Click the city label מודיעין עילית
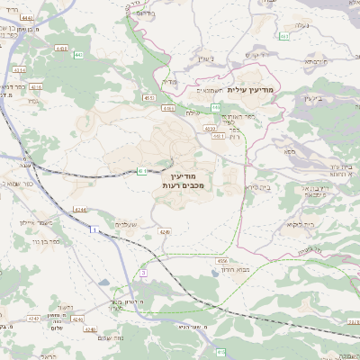[249, 89]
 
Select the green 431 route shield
[141, 170]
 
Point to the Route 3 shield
[143, 272]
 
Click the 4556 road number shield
[221, 261]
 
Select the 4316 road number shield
[35, 87]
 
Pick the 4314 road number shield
[19, 69]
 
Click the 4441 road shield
[27, 17]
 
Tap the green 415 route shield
[220, 352]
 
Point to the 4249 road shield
[164, 231]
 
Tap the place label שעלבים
[126, 224]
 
